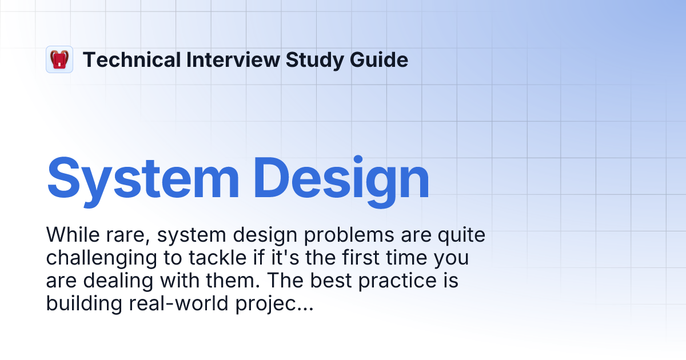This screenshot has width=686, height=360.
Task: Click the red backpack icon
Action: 59,59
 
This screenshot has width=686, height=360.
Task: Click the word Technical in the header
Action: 131,59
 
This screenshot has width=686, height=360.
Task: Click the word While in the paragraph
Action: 71,235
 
